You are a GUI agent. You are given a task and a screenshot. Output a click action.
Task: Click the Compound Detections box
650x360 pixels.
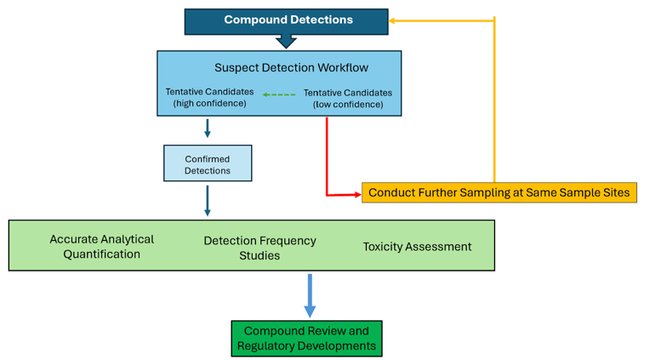286,20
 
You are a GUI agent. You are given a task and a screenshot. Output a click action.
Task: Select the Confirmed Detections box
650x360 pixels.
208,163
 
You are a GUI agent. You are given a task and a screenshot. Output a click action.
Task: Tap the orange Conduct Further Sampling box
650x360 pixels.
499,192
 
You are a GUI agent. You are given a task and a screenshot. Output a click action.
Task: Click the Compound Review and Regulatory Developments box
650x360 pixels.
306,338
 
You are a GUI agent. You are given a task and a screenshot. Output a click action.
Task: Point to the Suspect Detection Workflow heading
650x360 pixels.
291,67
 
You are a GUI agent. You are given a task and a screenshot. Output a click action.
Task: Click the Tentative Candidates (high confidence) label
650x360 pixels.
209,97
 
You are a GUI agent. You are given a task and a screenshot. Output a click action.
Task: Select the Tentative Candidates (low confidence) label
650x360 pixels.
347,98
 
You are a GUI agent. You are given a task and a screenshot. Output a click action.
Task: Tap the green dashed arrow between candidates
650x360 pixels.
278,94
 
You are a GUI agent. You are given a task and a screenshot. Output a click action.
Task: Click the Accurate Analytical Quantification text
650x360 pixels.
101,246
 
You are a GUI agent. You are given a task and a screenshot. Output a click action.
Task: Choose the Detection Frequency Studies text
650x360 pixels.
259,248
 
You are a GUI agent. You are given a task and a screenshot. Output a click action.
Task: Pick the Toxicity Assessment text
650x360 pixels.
417,246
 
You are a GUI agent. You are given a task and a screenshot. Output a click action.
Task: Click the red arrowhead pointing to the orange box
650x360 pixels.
356,195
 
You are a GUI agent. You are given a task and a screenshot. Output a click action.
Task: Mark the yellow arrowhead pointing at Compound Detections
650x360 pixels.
394,20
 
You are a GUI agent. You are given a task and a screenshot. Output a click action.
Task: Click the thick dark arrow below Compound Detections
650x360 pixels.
286,41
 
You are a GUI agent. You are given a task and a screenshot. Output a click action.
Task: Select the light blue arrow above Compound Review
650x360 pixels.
310,296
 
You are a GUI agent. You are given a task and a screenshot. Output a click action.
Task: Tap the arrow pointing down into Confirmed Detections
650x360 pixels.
208,129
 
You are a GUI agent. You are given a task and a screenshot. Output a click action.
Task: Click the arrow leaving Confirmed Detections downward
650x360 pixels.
208,201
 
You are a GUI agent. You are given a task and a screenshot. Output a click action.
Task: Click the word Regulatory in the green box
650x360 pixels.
271,346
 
